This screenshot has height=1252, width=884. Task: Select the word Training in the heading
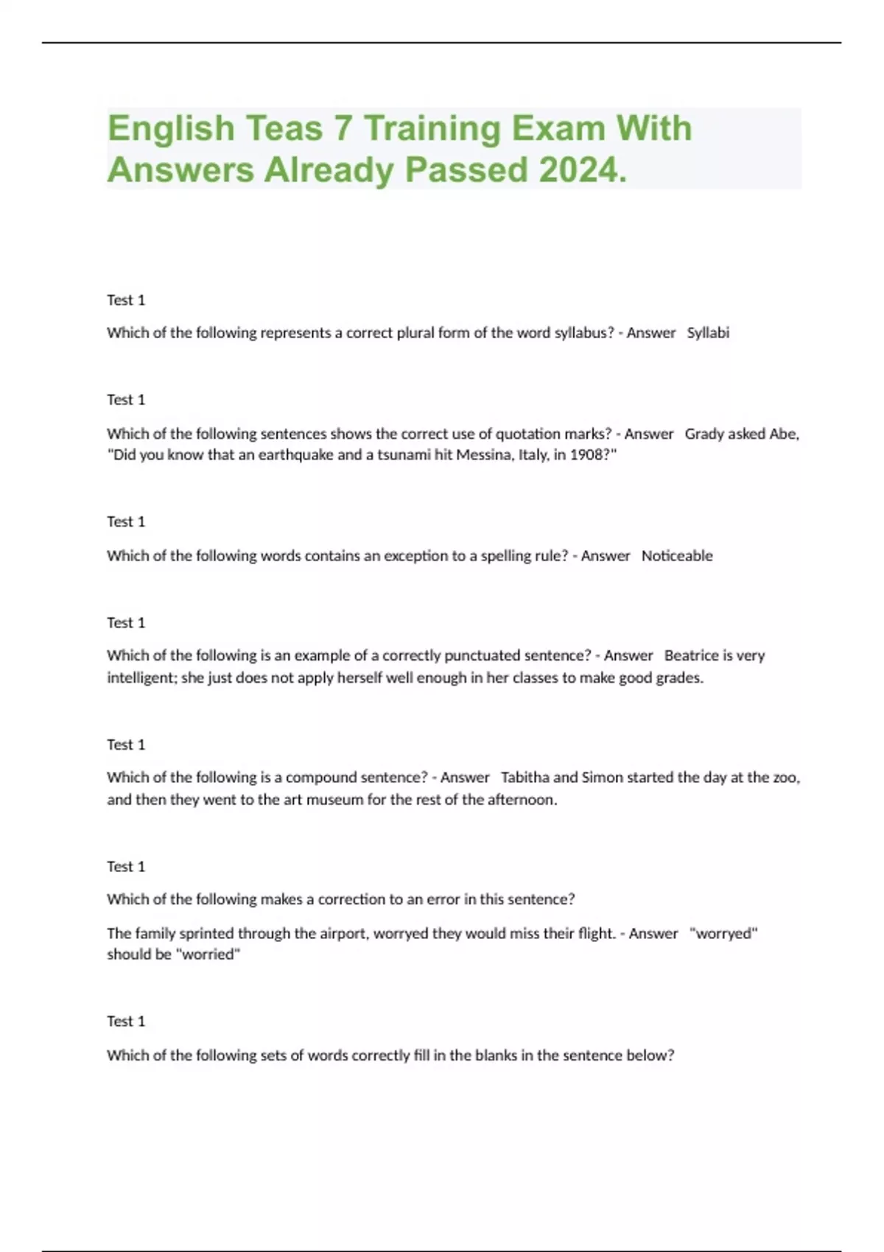pos(432,128)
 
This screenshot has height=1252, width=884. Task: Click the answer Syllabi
pos(708,333)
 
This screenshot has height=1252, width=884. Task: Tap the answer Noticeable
pos(677,556)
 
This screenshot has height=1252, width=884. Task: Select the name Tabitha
pos(525,778)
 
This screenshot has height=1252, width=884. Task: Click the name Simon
pos(602,778)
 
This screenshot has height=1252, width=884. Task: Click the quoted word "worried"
pos(209,955)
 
